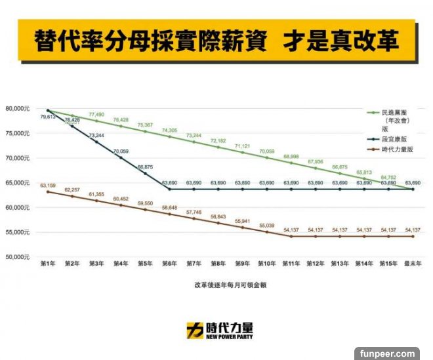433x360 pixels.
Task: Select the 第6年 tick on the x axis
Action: pyautogui.click(x=169, y=263)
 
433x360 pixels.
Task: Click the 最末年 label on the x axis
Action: pyautogui.click(x=411, y=263)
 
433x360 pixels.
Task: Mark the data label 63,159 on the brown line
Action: pyautogui.click(x=48, y=186)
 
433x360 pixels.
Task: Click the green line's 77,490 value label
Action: pyautogui.click(x=96, y=114)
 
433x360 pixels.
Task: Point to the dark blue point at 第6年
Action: pyautogui.click(x=169, y=189)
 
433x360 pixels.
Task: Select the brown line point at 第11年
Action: pyautogui.click(x=291, y=236)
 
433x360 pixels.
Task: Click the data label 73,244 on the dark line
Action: pyautogui.click(x=96, y=135)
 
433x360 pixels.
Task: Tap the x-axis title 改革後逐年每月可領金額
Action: pyautogui.click(x=229, y=285)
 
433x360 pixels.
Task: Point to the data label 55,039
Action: pyautogui.click(x=266, y=225)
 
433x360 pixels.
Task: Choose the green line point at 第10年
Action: pyautogui.click(x=266, y=157)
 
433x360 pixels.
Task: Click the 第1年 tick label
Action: pyautogui.click(x=48, y=263)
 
